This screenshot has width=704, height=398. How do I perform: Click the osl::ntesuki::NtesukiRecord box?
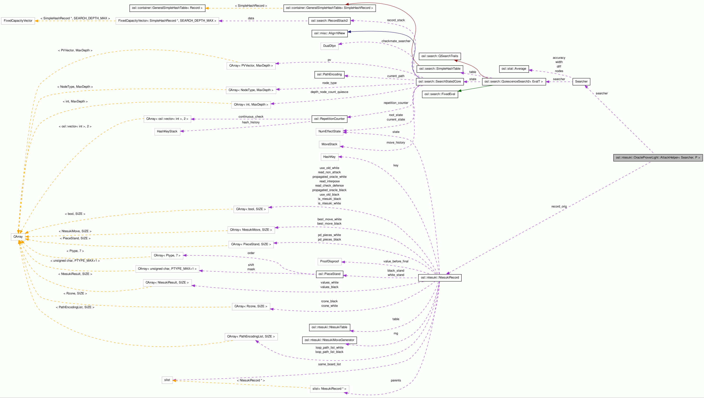point(440,278)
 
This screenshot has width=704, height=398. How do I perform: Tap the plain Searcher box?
point(581,82)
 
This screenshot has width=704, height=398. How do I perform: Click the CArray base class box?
point(18,236)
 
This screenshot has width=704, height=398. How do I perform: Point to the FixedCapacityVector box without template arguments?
point(18,21)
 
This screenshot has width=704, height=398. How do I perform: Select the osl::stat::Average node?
point(514,69)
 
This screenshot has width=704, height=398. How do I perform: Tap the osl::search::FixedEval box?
point(440,94)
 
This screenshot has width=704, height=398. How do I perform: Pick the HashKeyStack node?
point(167,131)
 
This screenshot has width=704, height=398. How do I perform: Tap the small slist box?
point(167,380)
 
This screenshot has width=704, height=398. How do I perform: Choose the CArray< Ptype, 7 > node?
point(167,255)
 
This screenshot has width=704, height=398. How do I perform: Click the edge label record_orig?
point(559,206)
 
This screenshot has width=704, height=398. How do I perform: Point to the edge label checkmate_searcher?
point(396,41)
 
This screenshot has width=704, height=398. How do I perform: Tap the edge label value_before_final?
point(396,261)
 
